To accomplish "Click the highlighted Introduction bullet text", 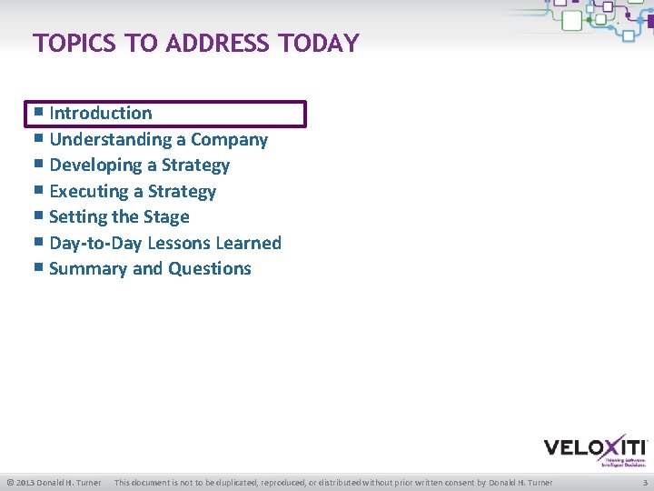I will pyautogui.click(x=101, y=114).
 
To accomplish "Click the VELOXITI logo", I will pyautogui.click(x=595, y=449).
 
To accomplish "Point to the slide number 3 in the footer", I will pyautogui.click(x=644, y=482).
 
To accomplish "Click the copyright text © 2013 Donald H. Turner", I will pyautogui.click(x=54, y=482).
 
